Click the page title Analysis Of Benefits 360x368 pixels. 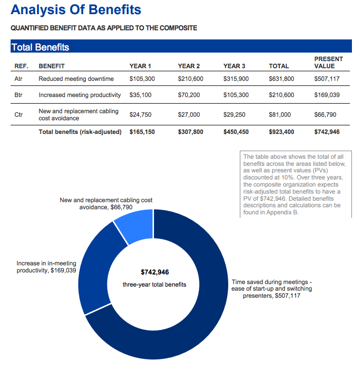(76, 10)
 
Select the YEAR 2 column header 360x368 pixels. (189, 66)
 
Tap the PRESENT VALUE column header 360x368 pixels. (328, 63)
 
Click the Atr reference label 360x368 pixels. (18, 79)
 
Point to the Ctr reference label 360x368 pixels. (18, 115)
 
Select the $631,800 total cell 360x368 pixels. (281, 79)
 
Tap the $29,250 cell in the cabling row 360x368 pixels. (234, 115)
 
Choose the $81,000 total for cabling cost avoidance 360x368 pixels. (280, 115)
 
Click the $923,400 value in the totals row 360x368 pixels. (281, 132)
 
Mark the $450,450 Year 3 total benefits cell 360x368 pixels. (236, 132)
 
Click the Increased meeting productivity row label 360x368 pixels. (80, 95)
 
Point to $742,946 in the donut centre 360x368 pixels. (155, 272)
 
